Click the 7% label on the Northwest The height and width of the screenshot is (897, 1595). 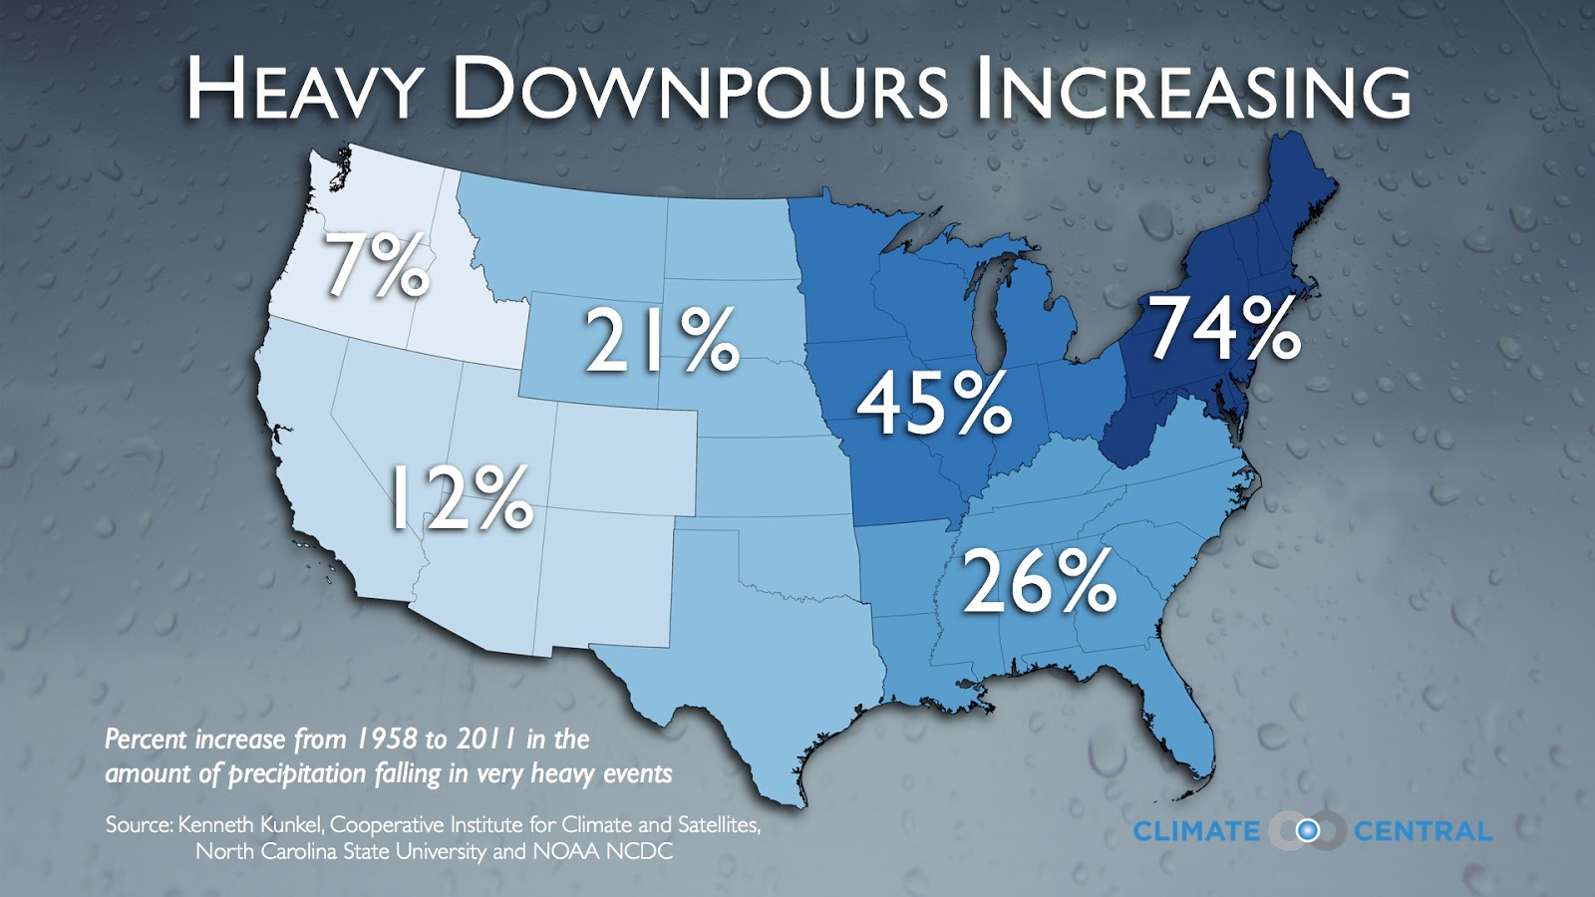pos(377,266)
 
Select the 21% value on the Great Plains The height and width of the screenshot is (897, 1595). pos(662,342)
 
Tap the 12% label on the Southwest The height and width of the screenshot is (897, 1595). pos(460,498)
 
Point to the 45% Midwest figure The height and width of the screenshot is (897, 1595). pos(934,404)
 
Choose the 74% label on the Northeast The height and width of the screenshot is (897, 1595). pos(1224,330)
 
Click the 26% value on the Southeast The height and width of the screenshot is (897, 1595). pos(1038,584)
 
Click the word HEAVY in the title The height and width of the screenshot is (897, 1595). pos(304,90)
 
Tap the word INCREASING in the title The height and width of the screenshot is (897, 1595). pos(1192,90)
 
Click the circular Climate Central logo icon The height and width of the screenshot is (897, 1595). pos(1307,831)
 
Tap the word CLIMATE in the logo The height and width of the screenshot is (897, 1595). pos(1196,831)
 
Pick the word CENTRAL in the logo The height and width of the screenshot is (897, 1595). pos(1423,831)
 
